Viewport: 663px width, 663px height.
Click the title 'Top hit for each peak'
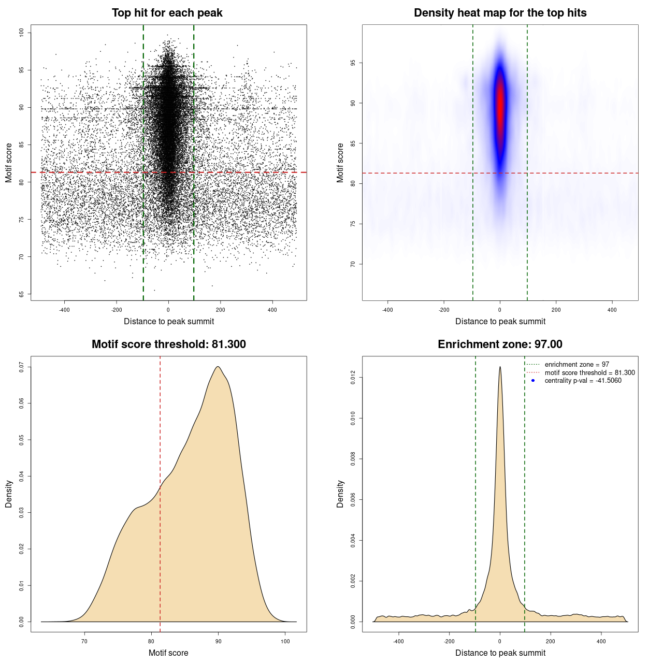pos(167,13)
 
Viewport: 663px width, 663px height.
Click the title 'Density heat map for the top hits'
pos(500,13)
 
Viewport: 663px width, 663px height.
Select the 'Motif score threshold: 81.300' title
pos(168,344)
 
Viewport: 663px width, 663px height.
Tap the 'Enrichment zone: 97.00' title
pos(500,344)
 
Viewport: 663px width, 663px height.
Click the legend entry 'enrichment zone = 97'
pos(576,365)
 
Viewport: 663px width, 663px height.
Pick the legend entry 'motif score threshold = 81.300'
pos(589,372)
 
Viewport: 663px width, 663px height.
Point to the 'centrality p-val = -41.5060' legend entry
pos(583,381)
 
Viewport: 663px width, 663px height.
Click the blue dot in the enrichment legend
pos(533,381)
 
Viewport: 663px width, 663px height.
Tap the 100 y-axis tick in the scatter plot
pos(22,33)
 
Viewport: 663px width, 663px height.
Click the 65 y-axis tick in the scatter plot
pos(22,294)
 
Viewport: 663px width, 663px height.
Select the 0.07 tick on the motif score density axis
pos(22,367)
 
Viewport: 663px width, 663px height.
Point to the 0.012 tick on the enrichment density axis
pos(353,378)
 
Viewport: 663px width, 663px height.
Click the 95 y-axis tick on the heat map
pos(353,63)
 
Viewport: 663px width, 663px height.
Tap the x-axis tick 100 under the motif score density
pos(285,641)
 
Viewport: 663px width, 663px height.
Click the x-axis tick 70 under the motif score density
pos(85,641)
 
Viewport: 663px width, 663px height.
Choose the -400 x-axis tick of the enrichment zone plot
pos(398,641)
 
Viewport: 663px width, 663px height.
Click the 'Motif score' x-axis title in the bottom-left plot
pos(168,653)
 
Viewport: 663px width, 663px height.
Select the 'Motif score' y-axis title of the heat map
pos(340,163)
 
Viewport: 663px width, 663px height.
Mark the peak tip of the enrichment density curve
pos(500,367)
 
